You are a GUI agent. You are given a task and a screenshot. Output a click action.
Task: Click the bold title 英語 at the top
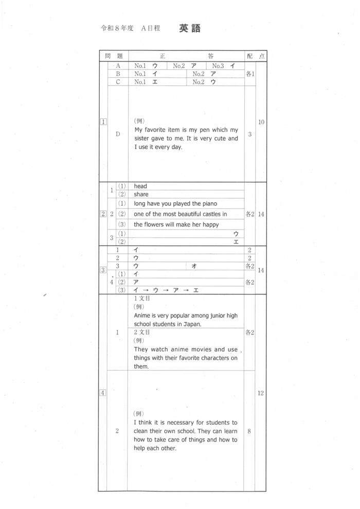[x=190, y=29]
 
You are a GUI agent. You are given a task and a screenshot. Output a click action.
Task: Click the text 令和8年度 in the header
[x=117, y=29]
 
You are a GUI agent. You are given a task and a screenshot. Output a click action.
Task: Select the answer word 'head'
[x=140, y=186]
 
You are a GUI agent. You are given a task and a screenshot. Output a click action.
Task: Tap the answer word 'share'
[x=141, y=195]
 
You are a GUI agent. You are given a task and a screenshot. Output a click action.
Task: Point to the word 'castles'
[x=206, y=214]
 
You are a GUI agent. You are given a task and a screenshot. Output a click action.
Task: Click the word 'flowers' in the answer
[x=156, y=224]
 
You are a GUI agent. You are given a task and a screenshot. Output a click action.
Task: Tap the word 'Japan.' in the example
[x=191, y=324]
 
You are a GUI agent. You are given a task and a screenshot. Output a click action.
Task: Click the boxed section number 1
[x=103, y=122]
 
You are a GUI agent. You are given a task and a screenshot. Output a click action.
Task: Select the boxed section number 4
[x=103, y=393]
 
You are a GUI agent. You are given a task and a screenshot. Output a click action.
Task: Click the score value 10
[x=261, y=122]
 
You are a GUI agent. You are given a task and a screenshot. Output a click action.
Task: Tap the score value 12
[x=261, y=393]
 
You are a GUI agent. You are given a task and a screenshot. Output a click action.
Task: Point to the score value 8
[x=249, y=431]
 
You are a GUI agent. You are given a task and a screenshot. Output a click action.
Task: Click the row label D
[x=118, y=134]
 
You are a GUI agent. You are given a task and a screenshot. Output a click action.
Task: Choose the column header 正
[x=162, y=56]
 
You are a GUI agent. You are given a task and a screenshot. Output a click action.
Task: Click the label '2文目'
[x=142, y=332]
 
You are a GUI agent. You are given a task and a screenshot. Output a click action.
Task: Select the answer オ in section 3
[x=194, y=266]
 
